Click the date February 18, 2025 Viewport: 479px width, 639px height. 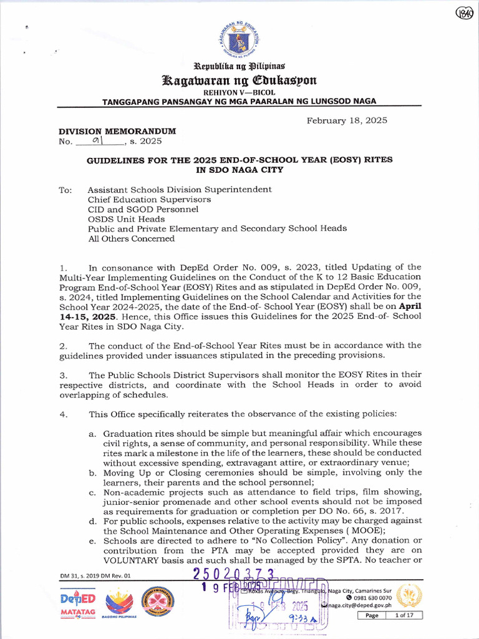(347, 120)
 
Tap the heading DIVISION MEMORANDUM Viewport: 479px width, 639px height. (117, 131)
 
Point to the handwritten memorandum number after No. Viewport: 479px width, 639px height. (97, 141)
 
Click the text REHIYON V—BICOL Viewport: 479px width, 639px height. (239, 92)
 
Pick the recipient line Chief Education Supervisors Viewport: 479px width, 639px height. (149, 200)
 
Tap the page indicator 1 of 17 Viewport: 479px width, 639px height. (408, 615)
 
